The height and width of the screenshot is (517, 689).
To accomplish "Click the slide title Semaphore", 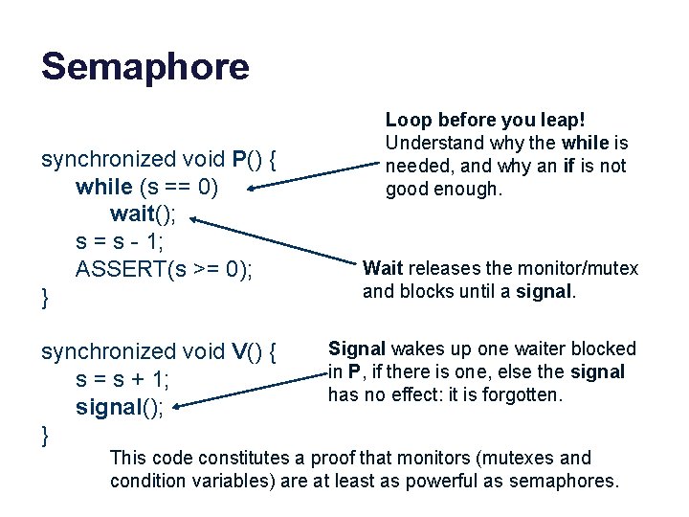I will coord(144,66).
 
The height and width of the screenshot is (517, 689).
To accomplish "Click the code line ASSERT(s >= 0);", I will coord(165,269).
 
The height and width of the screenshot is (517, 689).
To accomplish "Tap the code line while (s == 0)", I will coord(147,186).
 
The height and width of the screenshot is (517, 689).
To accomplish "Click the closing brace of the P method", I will coord(45,300).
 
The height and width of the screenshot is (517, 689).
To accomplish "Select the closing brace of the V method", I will coord(45,437).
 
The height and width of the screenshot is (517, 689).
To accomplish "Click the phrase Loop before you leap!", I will coord(484,120).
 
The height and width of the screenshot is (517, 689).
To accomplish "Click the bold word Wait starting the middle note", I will coord(383,268).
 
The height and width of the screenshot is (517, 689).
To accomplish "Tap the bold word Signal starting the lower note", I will coord(356,348).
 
